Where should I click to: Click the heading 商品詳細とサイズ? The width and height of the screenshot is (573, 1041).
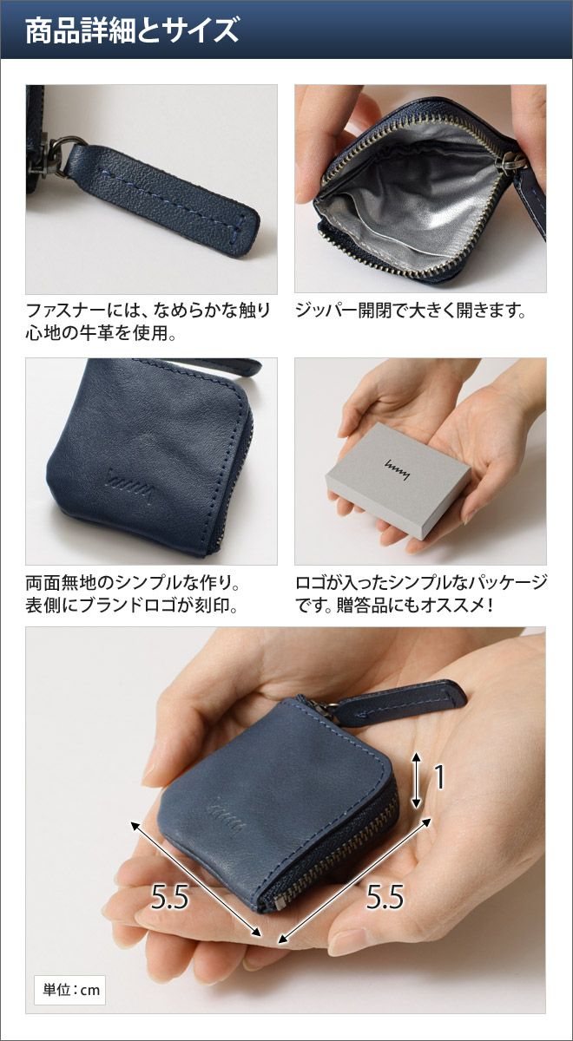pyautogui.click(x=132, y=30)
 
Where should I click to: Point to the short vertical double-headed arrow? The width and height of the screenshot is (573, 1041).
pyautogui.click(x=416, y=778)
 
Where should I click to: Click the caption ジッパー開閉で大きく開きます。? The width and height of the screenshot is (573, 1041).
pyautogui.click(x=412, y=310)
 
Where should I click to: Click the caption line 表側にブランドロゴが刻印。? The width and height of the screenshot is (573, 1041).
pyautogui.click(x=132, y=606)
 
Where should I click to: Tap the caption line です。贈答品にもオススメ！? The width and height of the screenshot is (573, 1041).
pyautogui.click(x=393, y=606)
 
